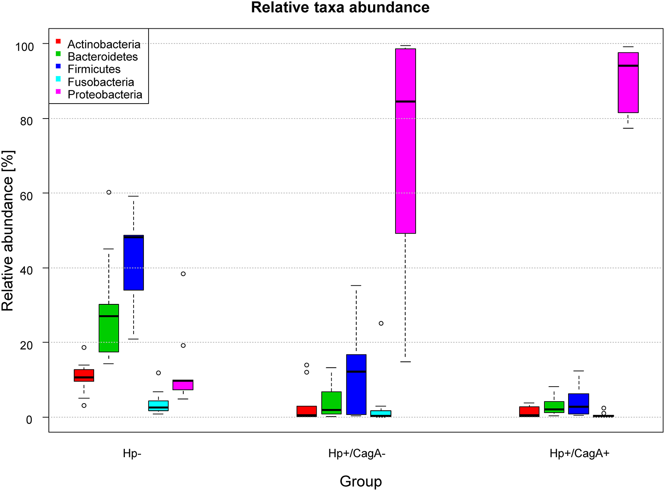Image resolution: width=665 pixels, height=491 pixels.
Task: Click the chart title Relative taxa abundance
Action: point(340,8)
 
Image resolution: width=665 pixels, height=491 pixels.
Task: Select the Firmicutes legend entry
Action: point(94,69)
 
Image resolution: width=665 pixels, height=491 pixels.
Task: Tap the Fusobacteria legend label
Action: point(101,82)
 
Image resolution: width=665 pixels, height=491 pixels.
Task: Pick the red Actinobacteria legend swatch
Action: point(58,41)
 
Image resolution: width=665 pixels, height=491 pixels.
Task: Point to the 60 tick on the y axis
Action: point(26,196)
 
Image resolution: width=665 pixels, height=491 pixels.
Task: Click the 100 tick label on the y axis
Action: point(24,46)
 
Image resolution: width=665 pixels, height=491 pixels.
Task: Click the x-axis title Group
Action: point(360,481)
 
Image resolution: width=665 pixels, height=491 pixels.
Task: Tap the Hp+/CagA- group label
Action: point(357,454)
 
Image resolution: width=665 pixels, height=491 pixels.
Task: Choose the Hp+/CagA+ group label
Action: point(579,454)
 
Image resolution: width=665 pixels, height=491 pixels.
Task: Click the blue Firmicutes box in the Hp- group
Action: point(134,263)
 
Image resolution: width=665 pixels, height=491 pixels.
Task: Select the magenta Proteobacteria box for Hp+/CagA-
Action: point(405,141)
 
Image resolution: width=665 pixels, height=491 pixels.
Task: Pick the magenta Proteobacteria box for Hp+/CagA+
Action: point(628,83)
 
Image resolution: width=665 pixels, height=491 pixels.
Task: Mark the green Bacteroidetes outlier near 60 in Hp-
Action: point(109,192)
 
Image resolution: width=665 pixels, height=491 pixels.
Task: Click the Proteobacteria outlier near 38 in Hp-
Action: point(183,274)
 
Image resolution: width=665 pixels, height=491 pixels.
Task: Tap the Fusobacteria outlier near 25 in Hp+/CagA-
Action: point(381,323)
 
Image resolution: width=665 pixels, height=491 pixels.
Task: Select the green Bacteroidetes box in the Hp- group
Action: point(109,328)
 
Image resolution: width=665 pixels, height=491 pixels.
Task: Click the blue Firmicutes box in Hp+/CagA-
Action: point(356,385)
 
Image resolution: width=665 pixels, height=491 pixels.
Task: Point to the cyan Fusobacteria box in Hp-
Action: point(158,406)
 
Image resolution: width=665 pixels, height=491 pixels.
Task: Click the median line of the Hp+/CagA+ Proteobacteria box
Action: point(628,66)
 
